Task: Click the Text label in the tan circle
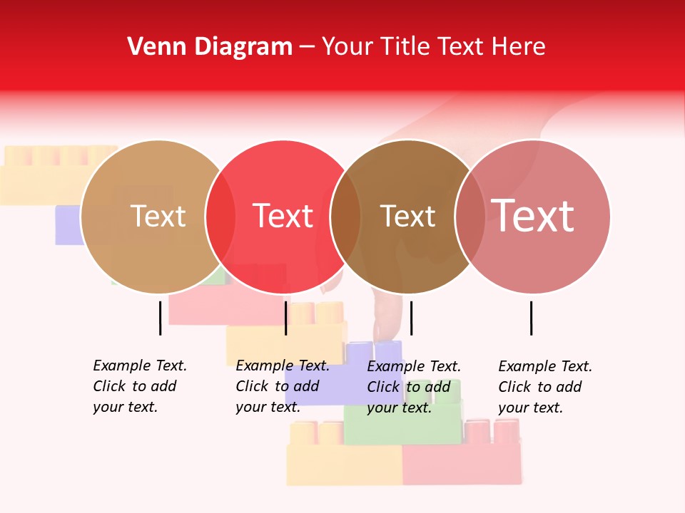tap(158, 216)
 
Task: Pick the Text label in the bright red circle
tap(283, 216)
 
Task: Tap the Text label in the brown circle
tap(407, 216)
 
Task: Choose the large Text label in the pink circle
tap(532, 216)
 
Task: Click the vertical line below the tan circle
tap(160, 318)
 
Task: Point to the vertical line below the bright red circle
tap(285, 318)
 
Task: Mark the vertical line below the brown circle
tap(412, 318)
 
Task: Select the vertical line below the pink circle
tap(531, 318)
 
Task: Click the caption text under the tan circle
tap(140, 386)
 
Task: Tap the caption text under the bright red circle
tap(283, 386)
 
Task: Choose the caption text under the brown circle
tap(414, 387)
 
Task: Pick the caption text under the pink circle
tap(545, 387)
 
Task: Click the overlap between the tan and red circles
tap(220, 216)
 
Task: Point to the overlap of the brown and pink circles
tap(470, 216)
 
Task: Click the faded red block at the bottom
tap(460, 464)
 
